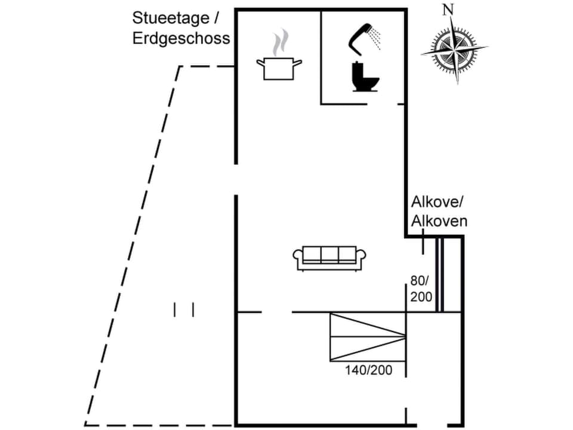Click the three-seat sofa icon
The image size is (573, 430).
pos(329,257)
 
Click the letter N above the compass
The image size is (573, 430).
pos(448,10)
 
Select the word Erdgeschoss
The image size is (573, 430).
pos(181,38)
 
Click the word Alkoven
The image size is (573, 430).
pos(439,222)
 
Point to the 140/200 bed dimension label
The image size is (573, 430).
pos(368,370)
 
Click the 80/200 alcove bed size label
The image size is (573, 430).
pos(420,288)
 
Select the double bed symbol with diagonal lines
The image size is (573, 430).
pos(368,336)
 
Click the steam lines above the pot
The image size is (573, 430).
pos(279,43)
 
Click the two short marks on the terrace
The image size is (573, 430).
pos(184,309)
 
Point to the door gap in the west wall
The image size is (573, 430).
pos(236,179)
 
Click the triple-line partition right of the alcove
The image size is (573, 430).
pos(440,275)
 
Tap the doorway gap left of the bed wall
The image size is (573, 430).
pos(277,312)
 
